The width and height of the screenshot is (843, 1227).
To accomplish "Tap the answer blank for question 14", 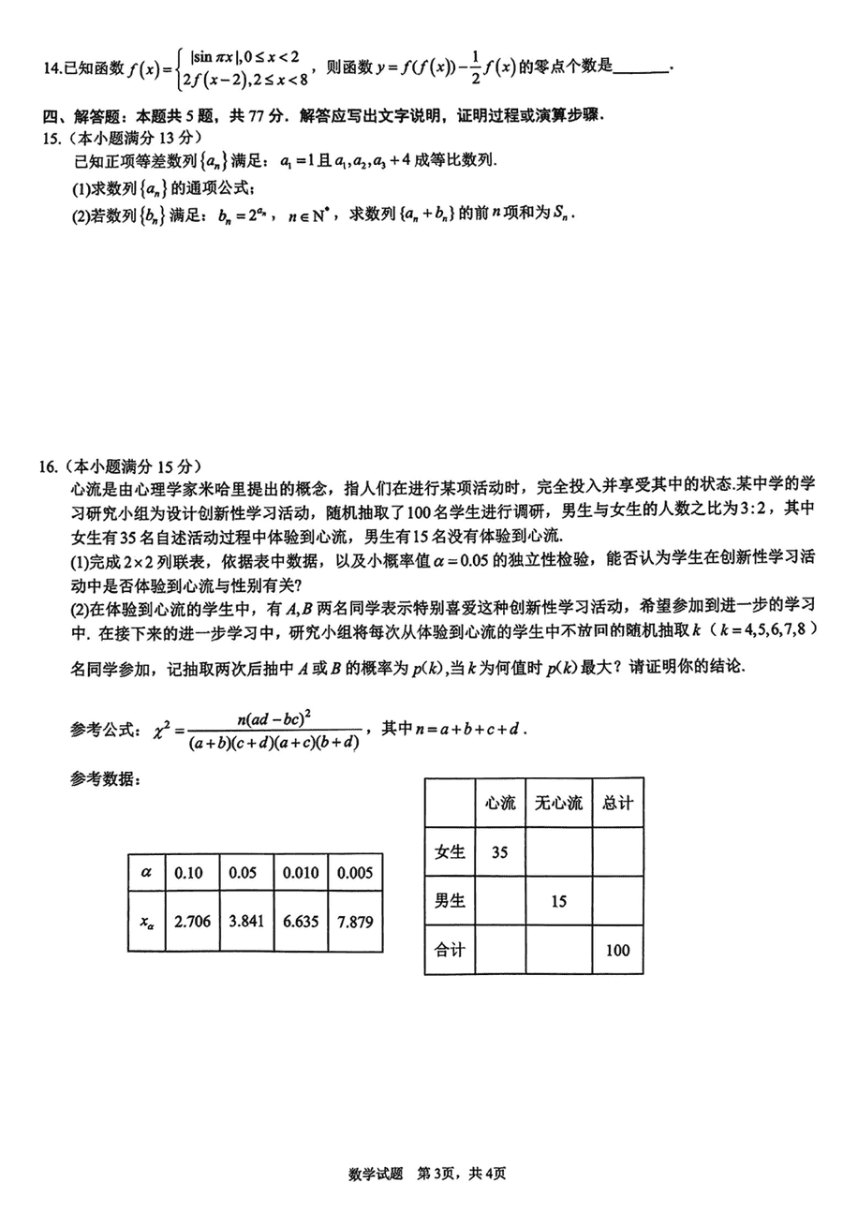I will pyautogui.click(x=644, y=68).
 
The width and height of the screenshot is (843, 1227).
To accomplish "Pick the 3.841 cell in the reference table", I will pyautogui.click(x=247, y=921).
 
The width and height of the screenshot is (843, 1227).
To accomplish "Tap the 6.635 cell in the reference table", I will pyautogui.click(x=302, y=921).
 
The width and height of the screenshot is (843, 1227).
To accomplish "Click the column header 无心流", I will pyautogui.click(x=558, y=803).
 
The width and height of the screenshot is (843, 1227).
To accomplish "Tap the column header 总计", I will pyautogui.click(x=616, y=803).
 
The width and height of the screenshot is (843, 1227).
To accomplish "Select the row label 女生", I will pyautogui.click(x=450, y=852).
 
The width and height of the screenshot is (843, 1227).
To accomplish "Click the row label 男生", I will pyautogui.click(x=450, y=901).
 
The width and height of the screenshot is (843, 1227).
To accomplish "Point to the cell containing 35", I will pyautogui.click(x=500, y=852).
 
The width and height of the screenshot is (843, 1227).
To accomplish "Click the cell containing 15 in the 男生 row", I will pyautogui.click(x=558, y=901).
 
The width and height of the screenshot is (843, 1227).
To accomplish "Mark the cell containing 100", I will pyautogui.click(x=616, y=950).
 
